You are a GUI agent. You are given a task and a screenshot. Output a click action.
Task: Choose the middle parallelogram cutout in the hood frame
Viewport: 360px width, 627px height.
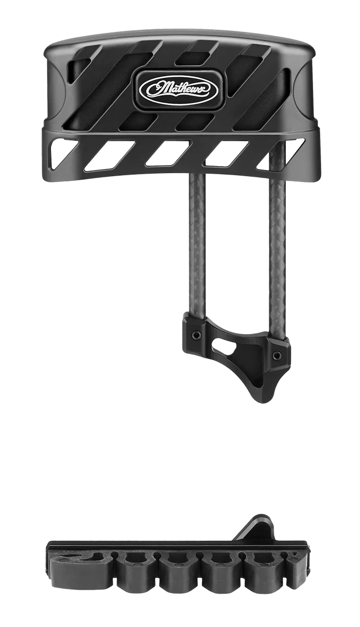[166, 153]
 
